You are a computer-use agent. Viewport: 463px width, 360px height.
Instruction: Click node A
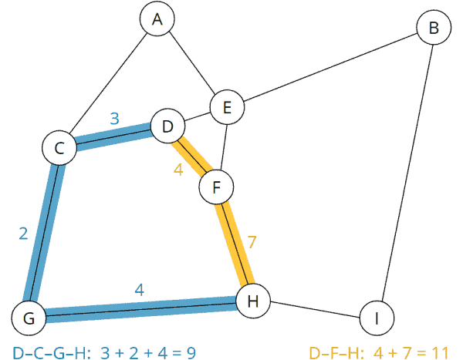coord(157,21)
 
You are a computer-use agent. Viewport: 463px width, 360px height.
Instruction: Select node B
coord(434,29)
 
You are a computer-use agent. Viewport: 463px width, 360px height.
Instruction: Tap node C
coord(59,147)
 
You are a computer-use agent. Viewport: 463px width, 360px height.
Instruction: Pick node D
coord(167,126)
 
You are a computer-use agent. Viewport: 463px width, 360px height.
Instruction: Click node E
coord(228,108)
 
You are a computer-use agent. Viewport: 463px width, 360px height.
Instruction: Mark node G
coord(29,317)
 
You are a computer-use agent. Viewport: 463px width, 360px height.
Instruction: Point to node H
coord(252,301)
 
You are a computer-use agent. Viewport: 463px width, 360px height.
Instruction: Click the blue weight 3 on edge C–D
coord(114,119)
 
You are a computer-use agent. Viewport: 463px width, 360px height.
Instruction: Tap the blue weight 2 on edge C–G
coord(23,234)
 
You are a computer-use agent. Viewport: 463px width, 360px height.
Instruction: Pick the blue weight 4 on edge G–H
coord(139,290)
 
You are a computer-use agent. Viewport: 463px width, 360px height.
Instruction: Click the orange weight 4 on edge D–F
coord(178,170)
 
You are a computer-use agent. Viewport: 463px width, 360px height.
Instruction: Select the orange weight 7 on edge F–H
coord(252,242)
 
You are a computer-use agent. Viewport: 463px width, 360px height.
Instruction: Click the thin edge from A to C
coord(108,84)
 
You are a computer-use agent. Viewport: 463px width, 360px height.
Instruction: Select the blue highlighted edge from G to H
coord(139,308)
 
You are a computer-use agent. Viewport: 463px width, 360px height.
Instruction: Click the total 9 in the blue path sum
coord(189,353)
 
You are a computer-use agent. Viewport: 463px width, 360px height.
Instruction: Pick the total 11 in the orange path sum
coord(440,353)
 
